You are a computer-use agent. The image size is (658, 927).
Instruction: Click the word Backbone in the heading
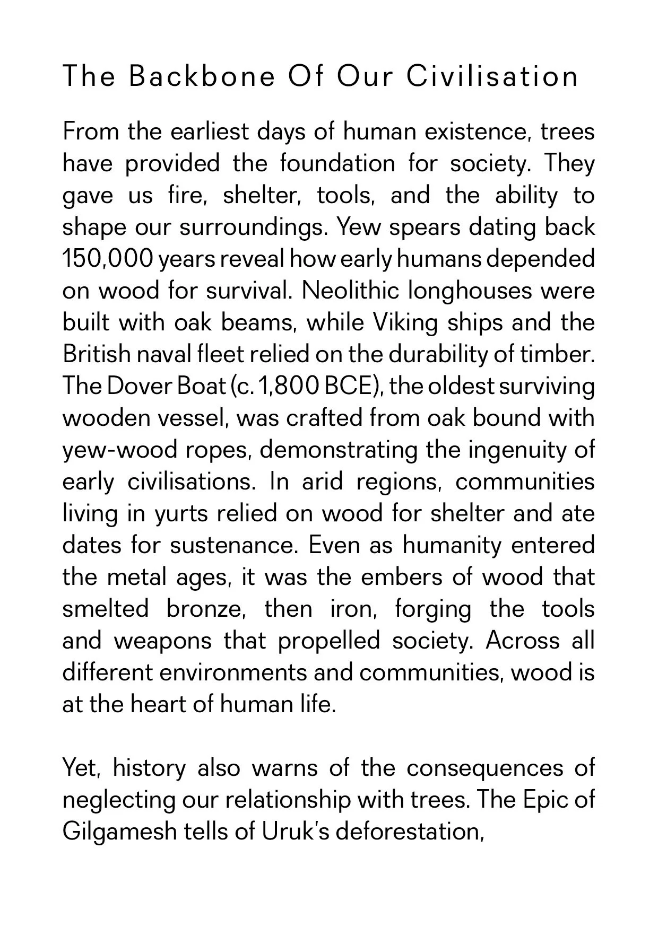(202, 76)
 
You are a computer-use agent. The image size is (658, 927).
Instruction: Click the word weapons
(162, 641)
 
